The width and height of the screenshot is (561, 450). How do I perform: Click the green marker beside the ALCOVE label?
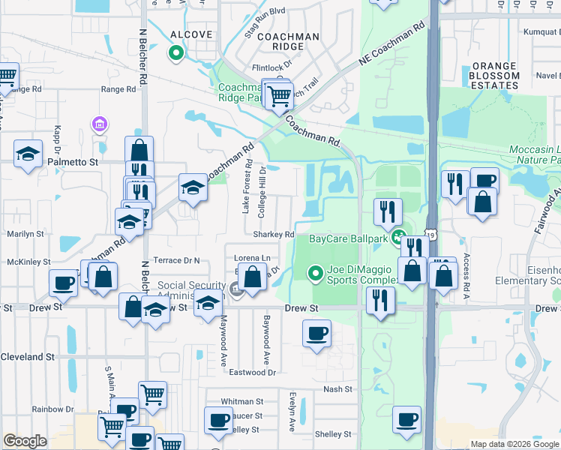tap(176, 52)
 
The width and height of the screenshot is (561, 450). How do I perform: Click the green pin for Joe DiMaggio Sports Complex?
tap(316, 272)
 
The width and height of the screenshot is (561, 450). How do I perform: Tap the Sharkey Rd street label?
tap(273, 234)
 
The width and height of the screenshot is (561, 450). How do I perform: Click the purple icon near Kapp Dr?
tap(97, 123)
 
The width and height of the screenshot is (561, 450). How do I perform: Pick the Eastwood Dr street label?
tap(253, 372)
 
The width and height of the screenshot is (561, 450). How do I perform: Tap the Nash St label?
tap(337, 389)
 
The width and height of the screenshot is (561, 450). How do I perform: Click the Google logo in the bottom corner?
tap(25, 441)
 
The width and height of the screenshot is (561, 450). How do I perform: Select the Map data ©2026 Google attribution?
tap(514, 444)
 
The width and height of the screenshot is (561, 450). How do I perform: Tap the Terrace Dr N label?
tap(176, 260)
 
